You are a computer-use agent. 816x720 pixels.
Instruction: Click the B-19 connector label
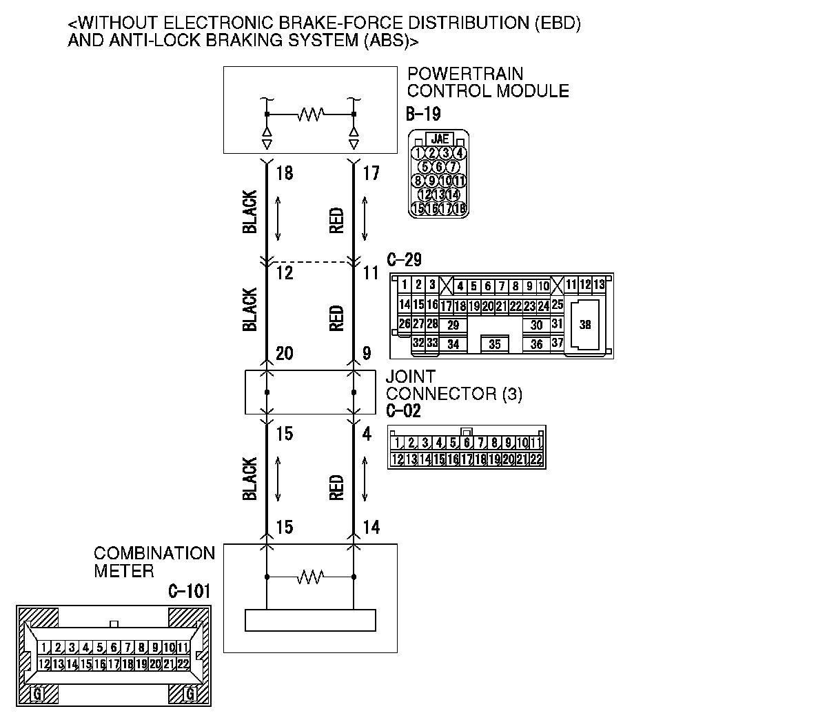point(423,114)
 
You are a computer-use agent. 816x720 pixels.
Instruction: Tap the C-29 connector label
point(404,260)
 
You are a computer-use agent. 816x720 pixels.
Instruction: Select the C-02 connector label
point(403,411)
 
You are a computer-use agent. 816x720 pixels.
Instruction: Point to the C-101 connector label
point(189,591)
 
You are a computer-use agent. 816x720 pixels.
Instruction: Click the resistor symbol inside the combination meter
point(310,576)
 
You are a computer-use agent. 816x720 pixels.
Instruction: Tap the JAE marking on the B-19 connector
point(439,139)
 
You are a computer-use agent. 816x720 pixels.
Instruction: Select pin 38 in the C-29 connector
point(584,325)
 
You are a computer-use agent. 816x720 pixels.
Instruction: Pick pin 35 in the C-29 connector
point(494,343)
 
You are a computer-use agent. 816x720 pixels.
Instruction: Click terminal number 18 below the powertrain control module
point(284,172)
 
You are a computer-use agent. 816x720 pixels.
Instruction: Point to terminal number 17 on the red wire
point(371,172)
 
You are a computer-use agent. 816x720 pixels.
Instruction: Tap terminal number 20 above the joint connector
point(284,354)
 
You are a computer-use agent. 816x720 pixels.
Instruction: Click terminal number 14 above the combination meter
point(371,528)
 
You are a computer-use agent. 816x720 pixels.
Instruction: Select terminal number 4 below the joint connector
point(367,434)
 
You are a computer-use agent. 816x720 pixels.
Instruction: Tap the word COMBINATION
point(154,554)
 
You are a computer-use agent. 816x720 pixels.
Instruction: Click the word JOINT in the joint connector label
point(411,377)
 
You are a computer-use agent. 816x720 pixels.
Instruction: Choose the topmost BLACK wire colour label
point(249,212)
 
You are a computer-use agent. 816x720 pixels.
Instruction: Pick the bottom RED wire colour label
point(336,486)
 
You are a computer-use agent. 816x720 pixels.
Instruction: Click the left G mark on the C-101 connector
point(37,694)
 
